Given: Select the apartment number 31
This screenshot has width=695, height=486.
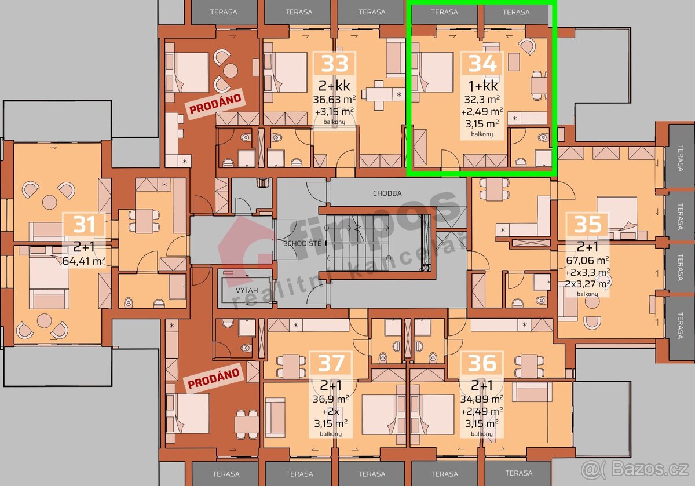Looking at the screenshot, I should [84, 224].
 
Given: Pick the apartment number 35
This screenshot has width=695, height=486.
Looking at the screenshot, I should [587, 224].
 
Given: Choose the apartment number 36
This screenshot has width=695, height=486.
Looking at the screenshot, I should [482, 363].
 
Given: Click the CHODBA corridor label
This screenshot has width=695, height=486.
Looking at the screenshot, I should [387, 193].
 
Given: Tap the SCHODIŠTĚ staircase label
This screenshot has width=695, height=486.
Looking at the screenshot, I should [298, 243].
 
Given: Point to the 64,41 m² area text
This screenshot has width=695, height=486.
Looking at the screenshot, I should [84, 261].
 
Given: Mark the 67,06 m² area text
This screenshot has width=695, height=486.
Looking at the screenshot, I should [587, 261].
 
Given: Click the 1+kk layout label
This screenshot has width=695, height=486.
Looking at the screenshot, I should [482, 86].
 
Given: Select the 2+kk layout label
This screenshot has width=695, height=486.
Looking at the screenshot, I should [335, 86].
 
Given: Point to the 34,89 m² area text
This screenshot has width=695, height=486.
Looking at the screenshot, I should [482, 399].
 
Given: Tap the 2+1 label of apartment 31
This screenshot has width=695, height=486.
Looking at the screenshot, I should [84, 247].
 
